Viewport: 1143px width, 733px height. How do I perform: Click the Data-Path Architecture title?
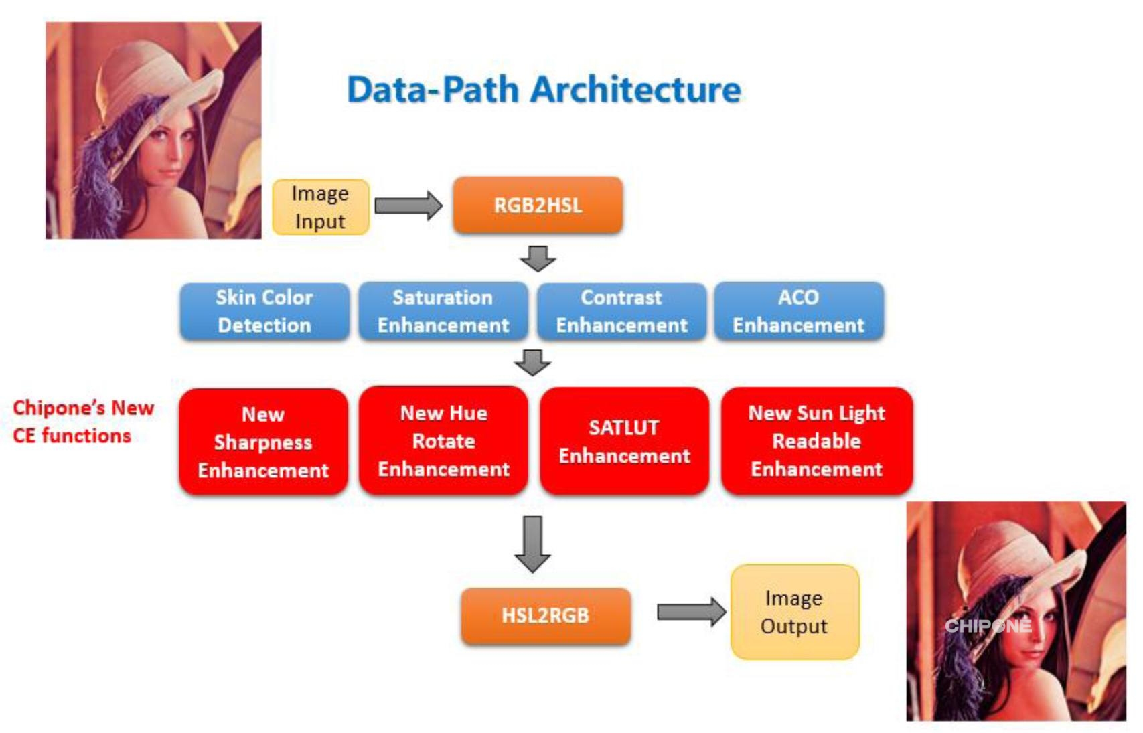(544, 90)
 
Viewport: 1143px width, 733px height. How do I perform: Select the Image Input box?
(320, 208)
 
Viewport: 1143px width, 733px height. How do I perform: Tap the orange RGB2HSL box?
(538, 206)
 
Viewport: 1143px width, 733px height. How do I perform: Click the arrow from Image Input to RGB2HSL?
(408, 206)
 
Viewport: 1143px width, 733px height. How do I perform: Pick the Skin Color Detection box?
(264, 311)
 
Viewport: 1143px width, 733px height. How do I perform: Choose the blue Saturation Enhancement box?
(443, 311)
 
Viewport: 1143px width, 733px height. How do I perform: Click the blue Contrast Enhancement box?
(621, 311)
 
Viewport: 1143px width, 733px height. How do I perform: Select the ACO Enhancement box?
(799, 311)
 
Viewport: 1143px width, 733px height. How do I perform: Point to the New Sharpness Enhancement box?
(263, 442)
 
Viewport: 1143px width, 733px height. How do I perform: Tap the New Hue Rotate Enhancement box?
(443, 441)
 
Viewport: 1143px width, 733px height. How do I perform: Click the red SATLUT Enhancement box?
(624, 441)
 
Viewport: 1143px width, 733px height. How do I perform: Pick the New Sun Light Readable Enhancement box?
(816, 441)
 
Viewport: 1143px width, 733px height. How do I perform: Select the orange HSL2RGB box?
(545, 616)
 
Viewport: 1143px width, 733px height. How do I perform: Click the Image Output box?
(794, 612)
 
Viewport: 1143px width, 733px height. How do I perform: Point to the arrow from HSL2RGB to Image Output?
(690, 612)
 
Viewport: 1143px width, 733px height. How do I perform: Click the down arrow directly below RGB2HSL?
(538, 258)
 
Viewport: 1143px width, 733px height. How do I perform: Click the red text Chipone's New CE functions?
(82, 422)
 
